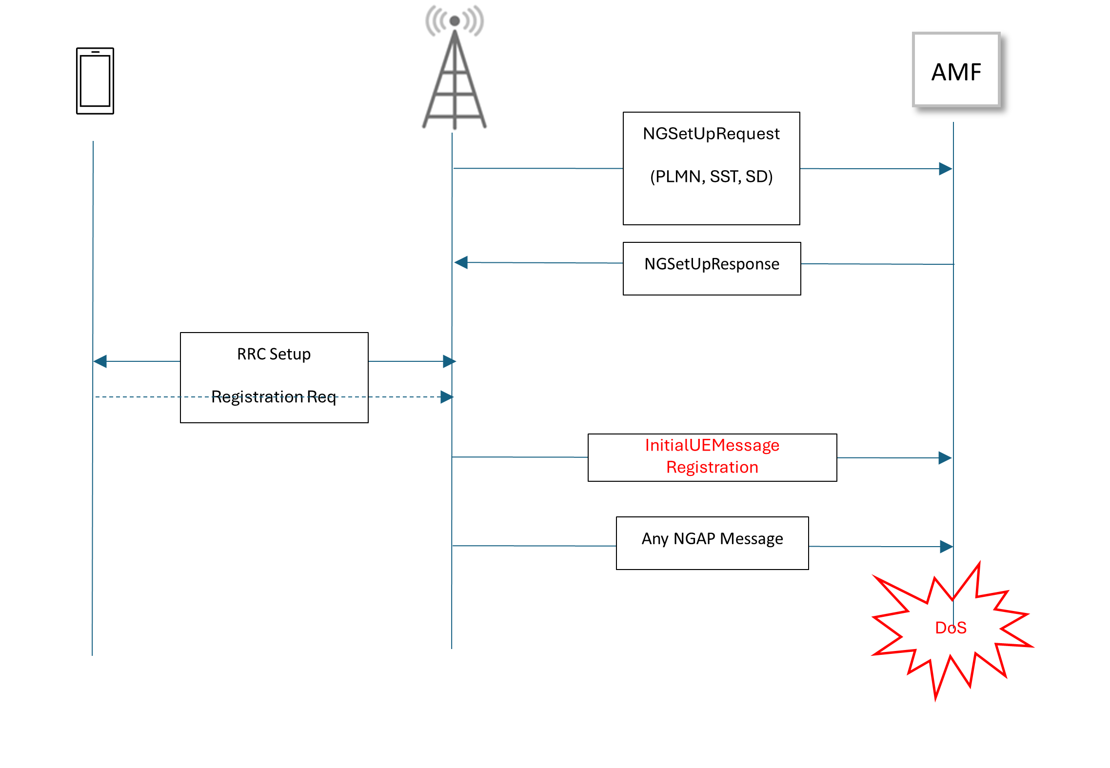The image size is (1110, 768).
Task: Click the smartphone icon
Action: click(95, 81)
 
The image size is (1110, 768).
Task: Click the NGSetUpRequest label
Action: click(711, 134)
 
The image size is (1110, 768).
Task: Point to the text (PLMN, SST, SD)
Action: click(711, 177)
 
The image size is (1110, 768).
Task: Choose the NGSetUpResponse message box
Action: click(712, 268)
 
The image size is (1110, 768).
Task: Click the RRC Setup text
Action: click(274, 354)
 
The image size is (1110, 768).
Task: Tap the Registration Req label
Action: click(274, 397)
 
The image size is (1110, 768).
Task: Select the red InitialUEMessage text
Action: click(712, 445)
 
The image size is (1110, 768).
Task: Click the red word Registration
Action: click(712, 467)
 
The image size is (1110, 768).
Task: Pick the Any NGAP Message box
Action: click(712, 543)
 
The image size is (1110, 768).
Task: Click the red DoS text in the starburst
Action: click(951, 628)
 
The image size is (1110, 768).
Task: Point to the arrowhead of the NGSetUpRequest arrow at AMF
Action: click(946, 169)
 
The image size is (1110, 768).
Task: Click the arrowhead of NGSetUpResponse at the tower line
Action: click(461, 262)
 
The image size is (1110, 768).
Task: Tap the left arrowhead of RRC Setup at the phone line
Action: click(100, 361)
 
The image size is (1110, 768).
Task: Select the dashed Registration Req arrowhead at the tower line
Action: click(447, 397)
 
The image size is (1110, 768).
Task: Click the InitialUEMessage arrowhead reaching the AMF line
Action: click(945, 458)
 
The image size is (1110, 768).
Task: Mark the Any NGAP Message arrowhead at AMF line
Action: click(946, 547)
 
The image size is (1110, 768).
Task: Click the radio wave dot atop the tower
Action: click(455, 21)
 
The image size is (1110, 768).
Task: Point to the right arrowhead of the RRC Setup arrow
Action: click(449, 361)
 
